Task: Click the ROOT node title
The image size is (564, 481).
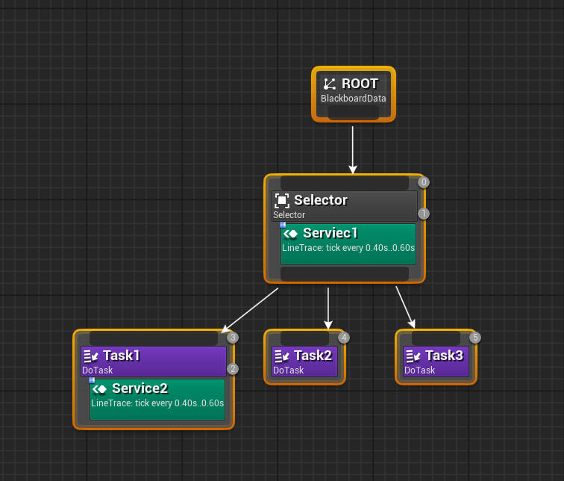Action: tap(360, 84)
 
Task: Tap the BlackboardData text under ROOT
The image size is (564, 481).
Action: tap(353, 99)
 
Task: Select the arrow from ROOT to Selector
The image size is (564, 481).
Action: tap(353, 149)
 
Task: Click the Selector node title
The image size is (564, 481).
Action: tap(320, 200)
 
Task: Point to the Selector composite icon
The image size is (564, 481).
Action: tap(282, 200)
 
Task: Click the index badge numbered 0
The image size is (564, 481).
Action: tap(424, 182)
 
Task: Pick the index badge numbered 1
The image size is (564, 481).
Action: tap(424, 214)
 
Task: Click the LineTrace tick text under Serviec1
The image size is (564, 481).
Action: tap(348, 247)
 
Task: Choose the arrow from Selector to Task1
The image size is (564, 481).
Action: tap(250, 310)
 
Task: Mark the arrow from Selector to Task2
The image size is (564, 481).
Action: tap(328, 308)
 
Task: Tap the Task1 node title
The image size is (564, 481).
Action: tap(121, 356)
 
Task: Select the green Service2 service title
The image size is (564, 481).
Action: tap(140, 388)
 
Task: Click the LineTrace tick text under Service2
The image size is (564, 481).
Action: tap(157, 403)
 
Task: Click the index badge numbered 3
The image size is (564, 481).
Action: tap(233, 338)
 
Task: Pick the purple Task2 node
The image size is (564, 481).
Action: tap(304, 361)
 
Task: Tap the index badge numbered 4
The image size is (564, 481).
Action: tap(344, 338)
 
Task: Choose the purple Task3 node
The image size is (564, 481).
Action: tap(436, 361)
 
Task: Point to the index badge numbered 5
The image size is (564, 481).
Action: tap(475, 338)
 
